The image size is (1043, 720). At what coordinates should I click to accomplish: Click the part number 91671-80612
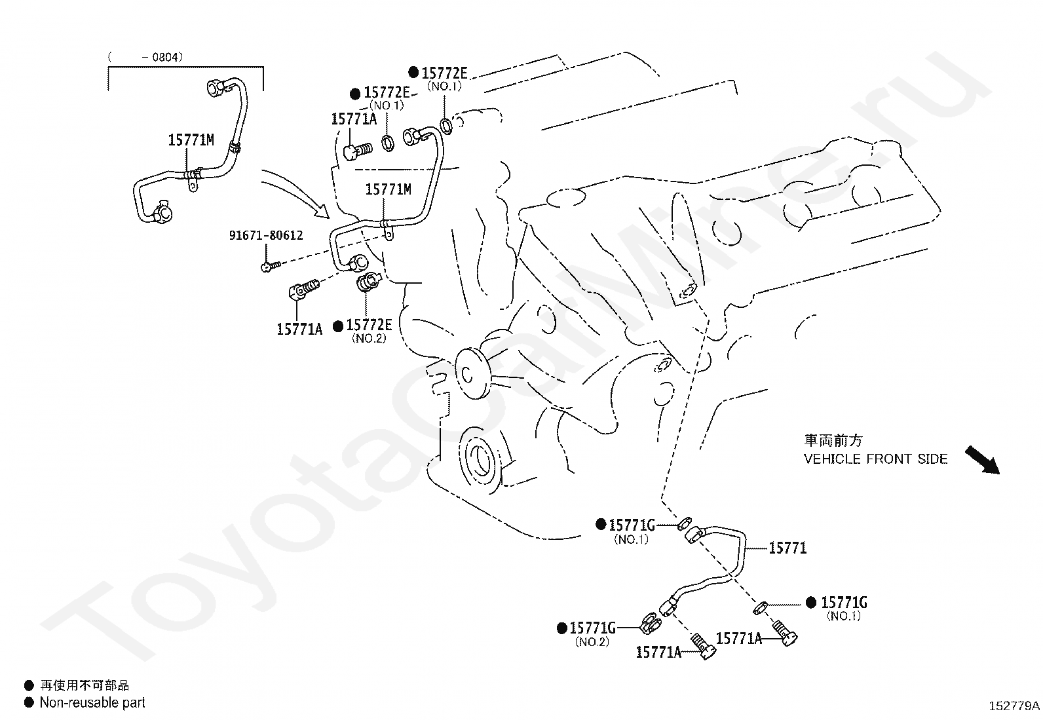tap(266, 235)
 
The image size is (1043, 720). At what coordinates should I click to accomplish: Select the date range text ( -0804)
tap(145, 57)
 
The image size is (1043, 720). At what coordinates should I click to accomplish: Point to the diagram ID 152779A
tap(1014, 706)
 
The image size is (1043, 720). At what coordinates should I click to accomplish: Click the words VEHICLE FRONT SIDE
tap(875, 459)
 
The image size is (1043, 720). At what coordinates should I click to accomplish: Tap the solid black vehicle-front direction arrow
tap(982, 460)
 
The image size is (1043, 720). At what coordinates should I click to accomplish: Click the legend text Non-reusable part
tap(92, 702)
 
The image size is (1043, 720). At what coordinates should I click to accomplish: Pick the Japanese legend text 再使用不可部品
tap(85, 685)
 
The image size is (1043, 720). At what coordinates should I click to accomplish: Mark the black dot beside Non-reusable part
tap(29, 702)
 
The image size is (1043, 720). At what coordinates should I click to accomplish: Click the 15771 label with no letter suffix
tap(787, 548)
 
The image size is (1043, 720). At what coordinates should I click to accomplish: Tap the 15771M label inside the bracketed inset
tap(191, 140)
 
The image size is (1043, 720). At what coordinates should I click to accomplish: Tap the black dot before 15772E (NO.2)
tap(338, 326)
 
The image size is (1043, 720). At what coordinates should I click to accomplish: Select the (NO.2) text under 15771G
tap(592, 642)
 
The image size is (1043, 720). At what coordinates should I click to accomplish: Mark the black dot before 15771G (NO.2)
tap(562, 628)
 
